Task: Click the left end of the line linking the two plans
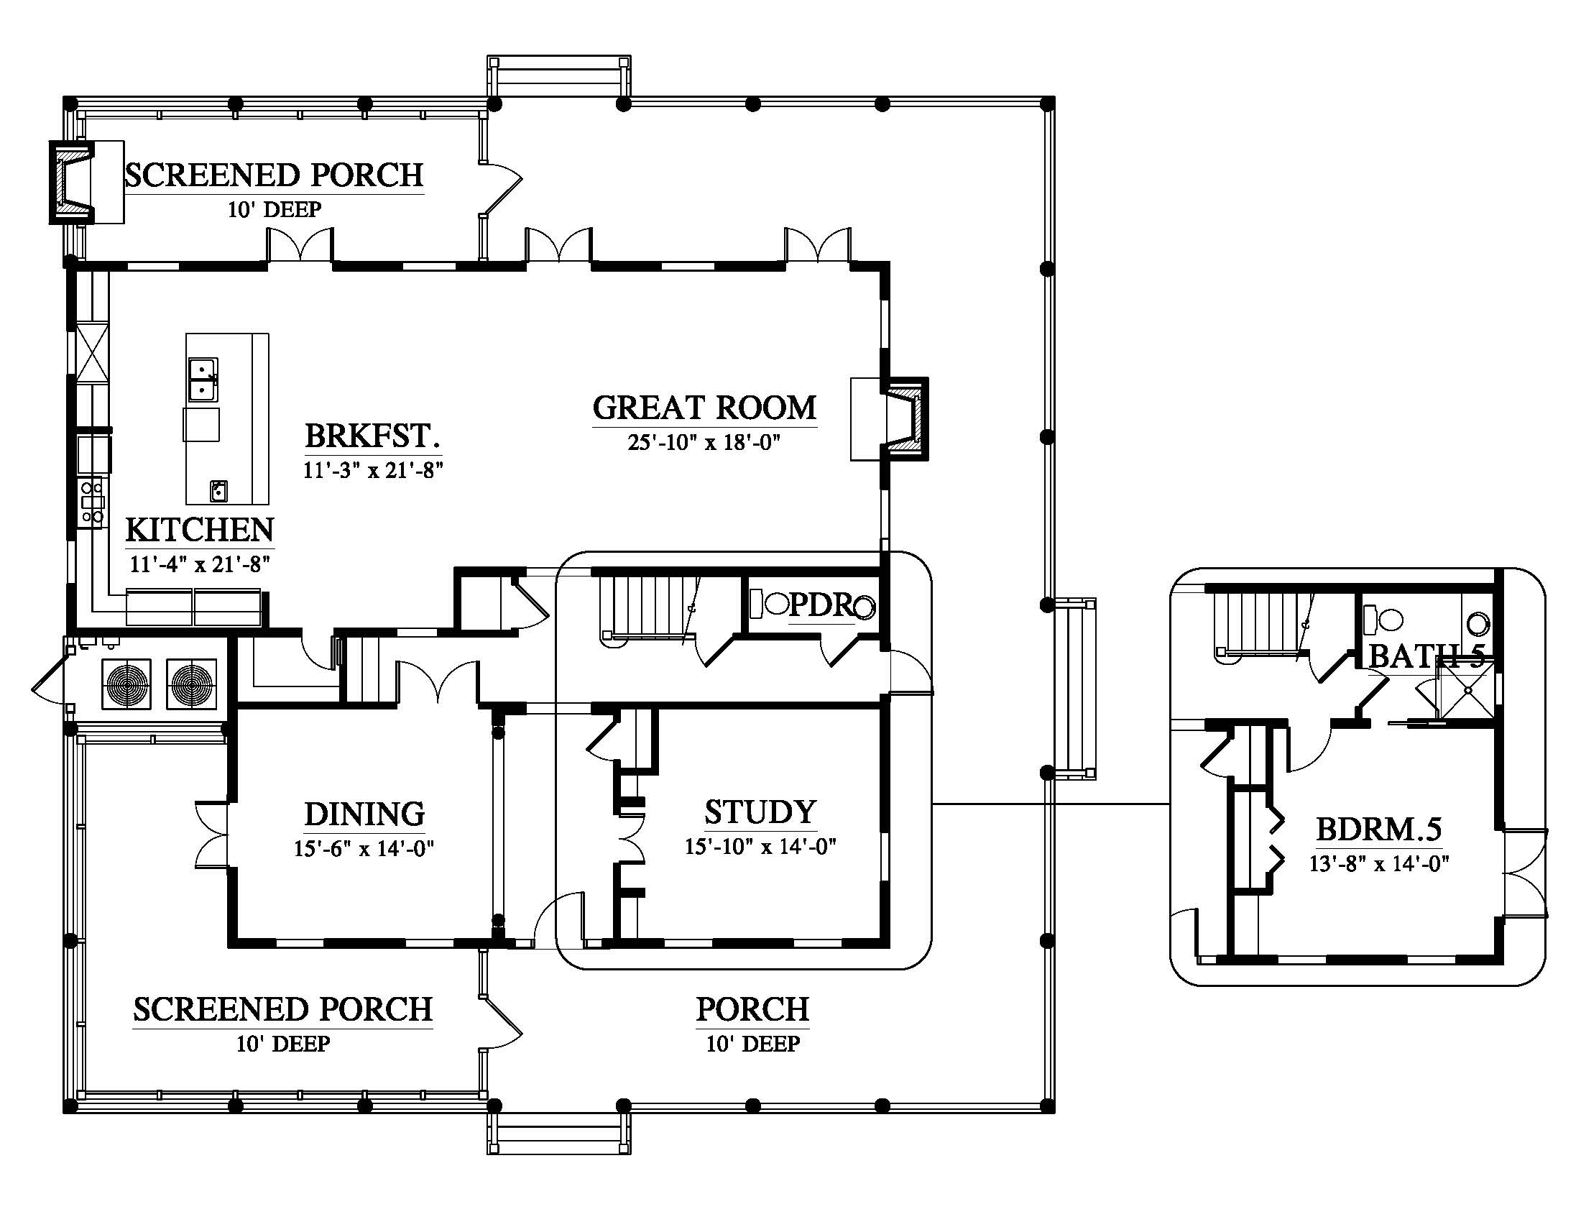pos(932,804)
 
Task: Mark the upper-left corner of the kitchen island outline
pos(186,334)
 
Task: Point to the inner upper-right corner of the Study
pos(880,709)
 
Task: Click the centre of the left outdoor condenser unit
pos(126,684)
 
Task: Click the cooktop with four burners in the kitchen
pos(93,502)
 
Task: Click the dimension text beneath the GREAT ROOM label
pos(704,442)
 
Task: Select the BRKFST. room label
pos(373,436)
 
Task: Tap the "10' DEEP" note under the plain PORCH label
pos(753,1044)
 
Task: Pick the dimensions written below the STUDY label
pos(761,845)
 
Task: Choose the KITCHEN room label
pos(200,530)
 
